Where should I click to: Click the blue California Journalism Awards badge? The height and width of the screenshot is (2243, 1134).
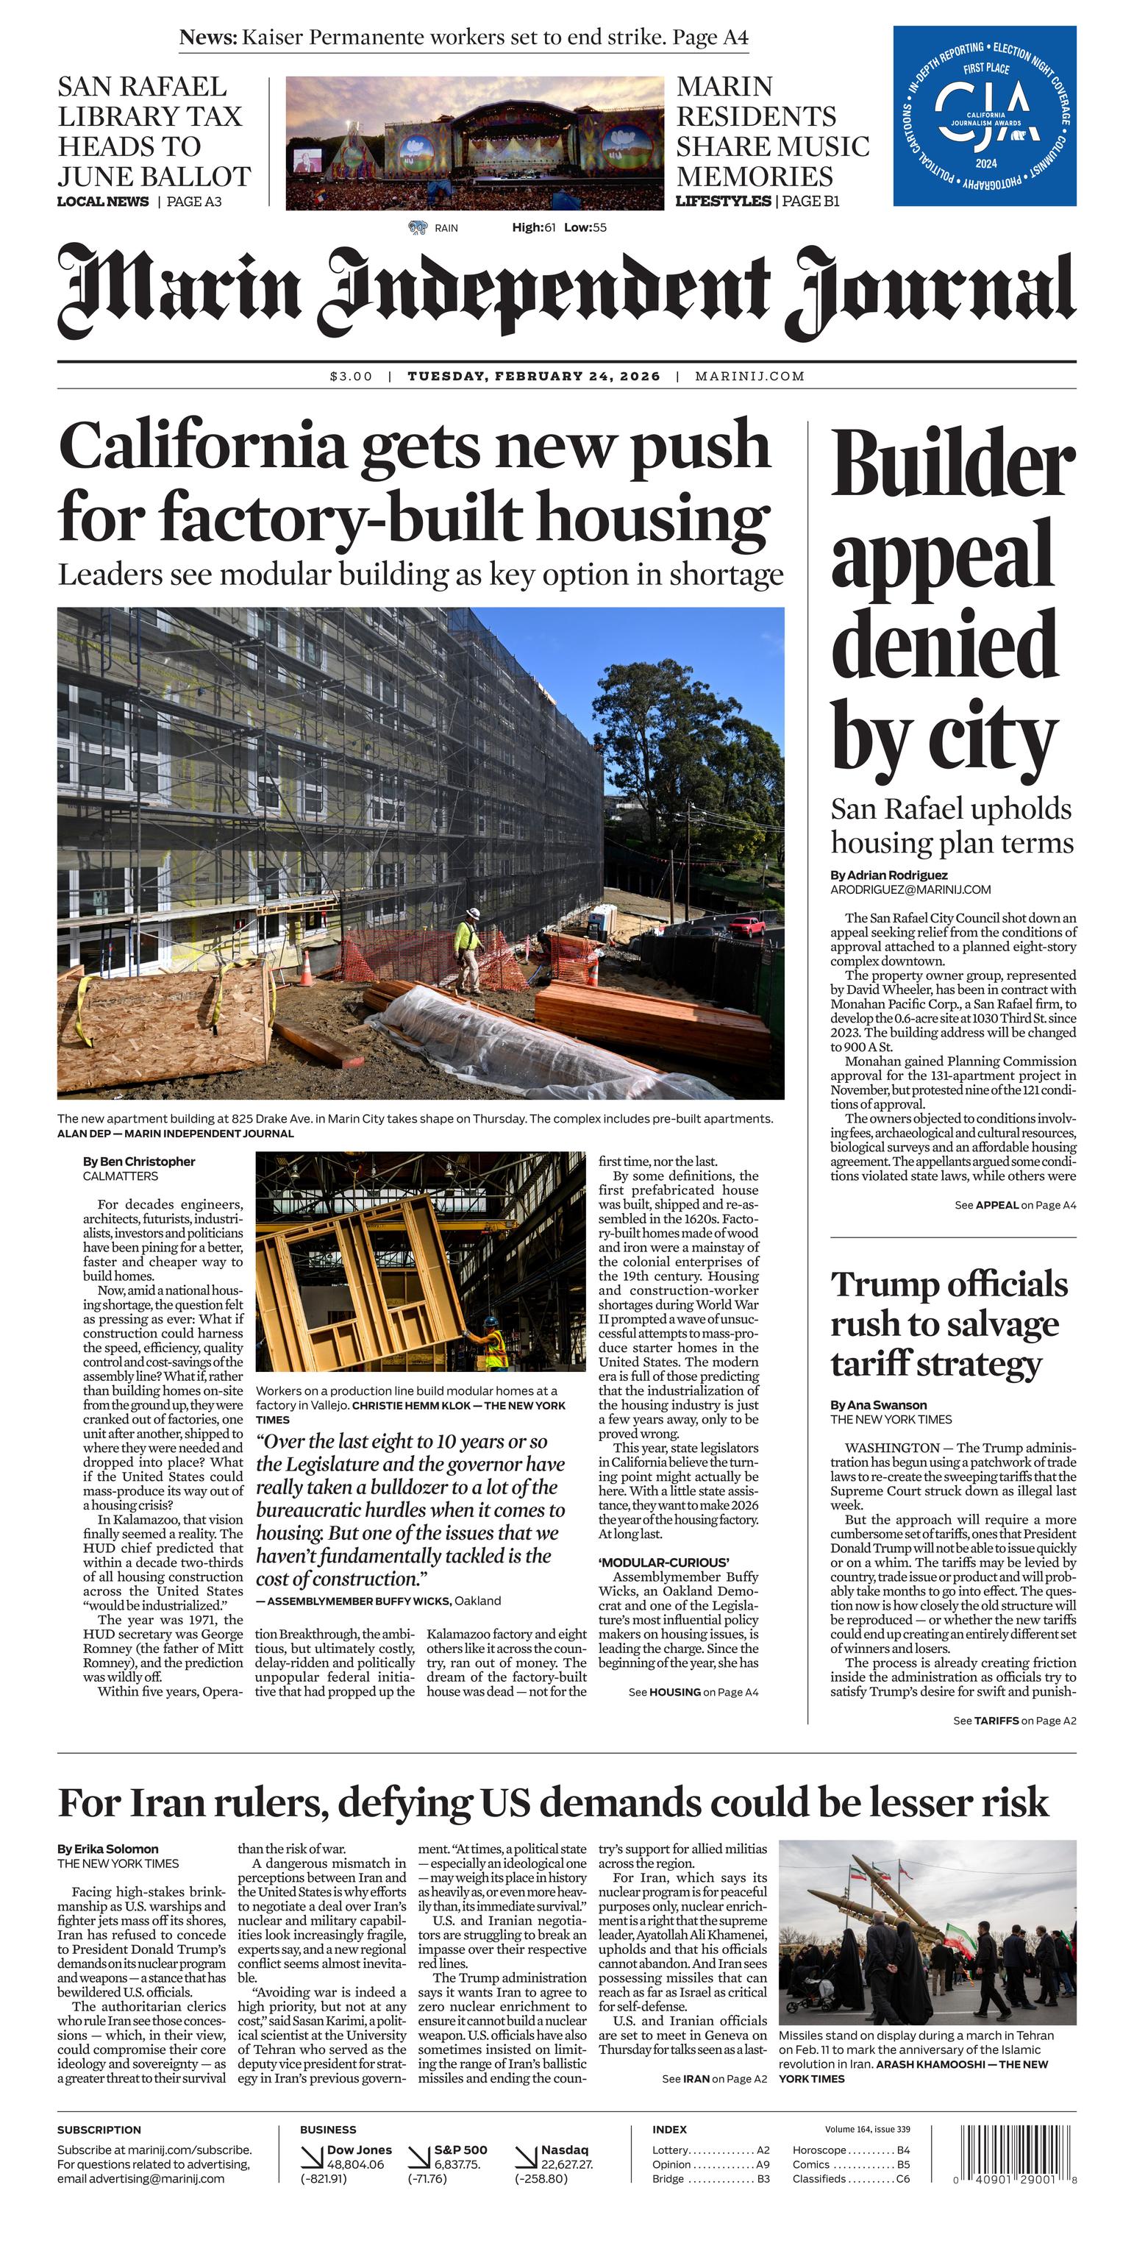pos(983,115)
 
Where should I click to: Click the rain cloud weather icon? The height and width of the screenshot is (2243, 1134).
pos(418,227)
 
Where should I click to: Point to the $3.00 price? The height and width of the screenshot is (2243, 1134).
pos(351,376)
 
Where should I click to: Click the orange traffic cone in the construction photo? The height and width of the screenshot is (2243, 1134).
pos(307,968)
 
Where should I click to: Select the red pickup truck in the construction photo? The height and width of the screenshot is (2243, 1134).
pos(746,925)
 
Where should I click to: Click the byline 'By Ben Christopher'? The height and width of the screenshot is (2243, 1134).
pos(138,1162)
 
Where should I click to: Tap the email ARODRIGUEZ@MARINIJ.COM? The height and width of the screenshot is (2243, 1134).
pos(910,889)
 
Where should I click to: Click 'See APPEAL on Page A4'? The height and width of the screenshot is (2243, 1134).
pos(1015,1205)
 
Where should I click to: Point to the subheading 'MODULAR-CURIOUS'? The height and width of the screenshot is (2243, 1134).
pos(663,1562)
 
